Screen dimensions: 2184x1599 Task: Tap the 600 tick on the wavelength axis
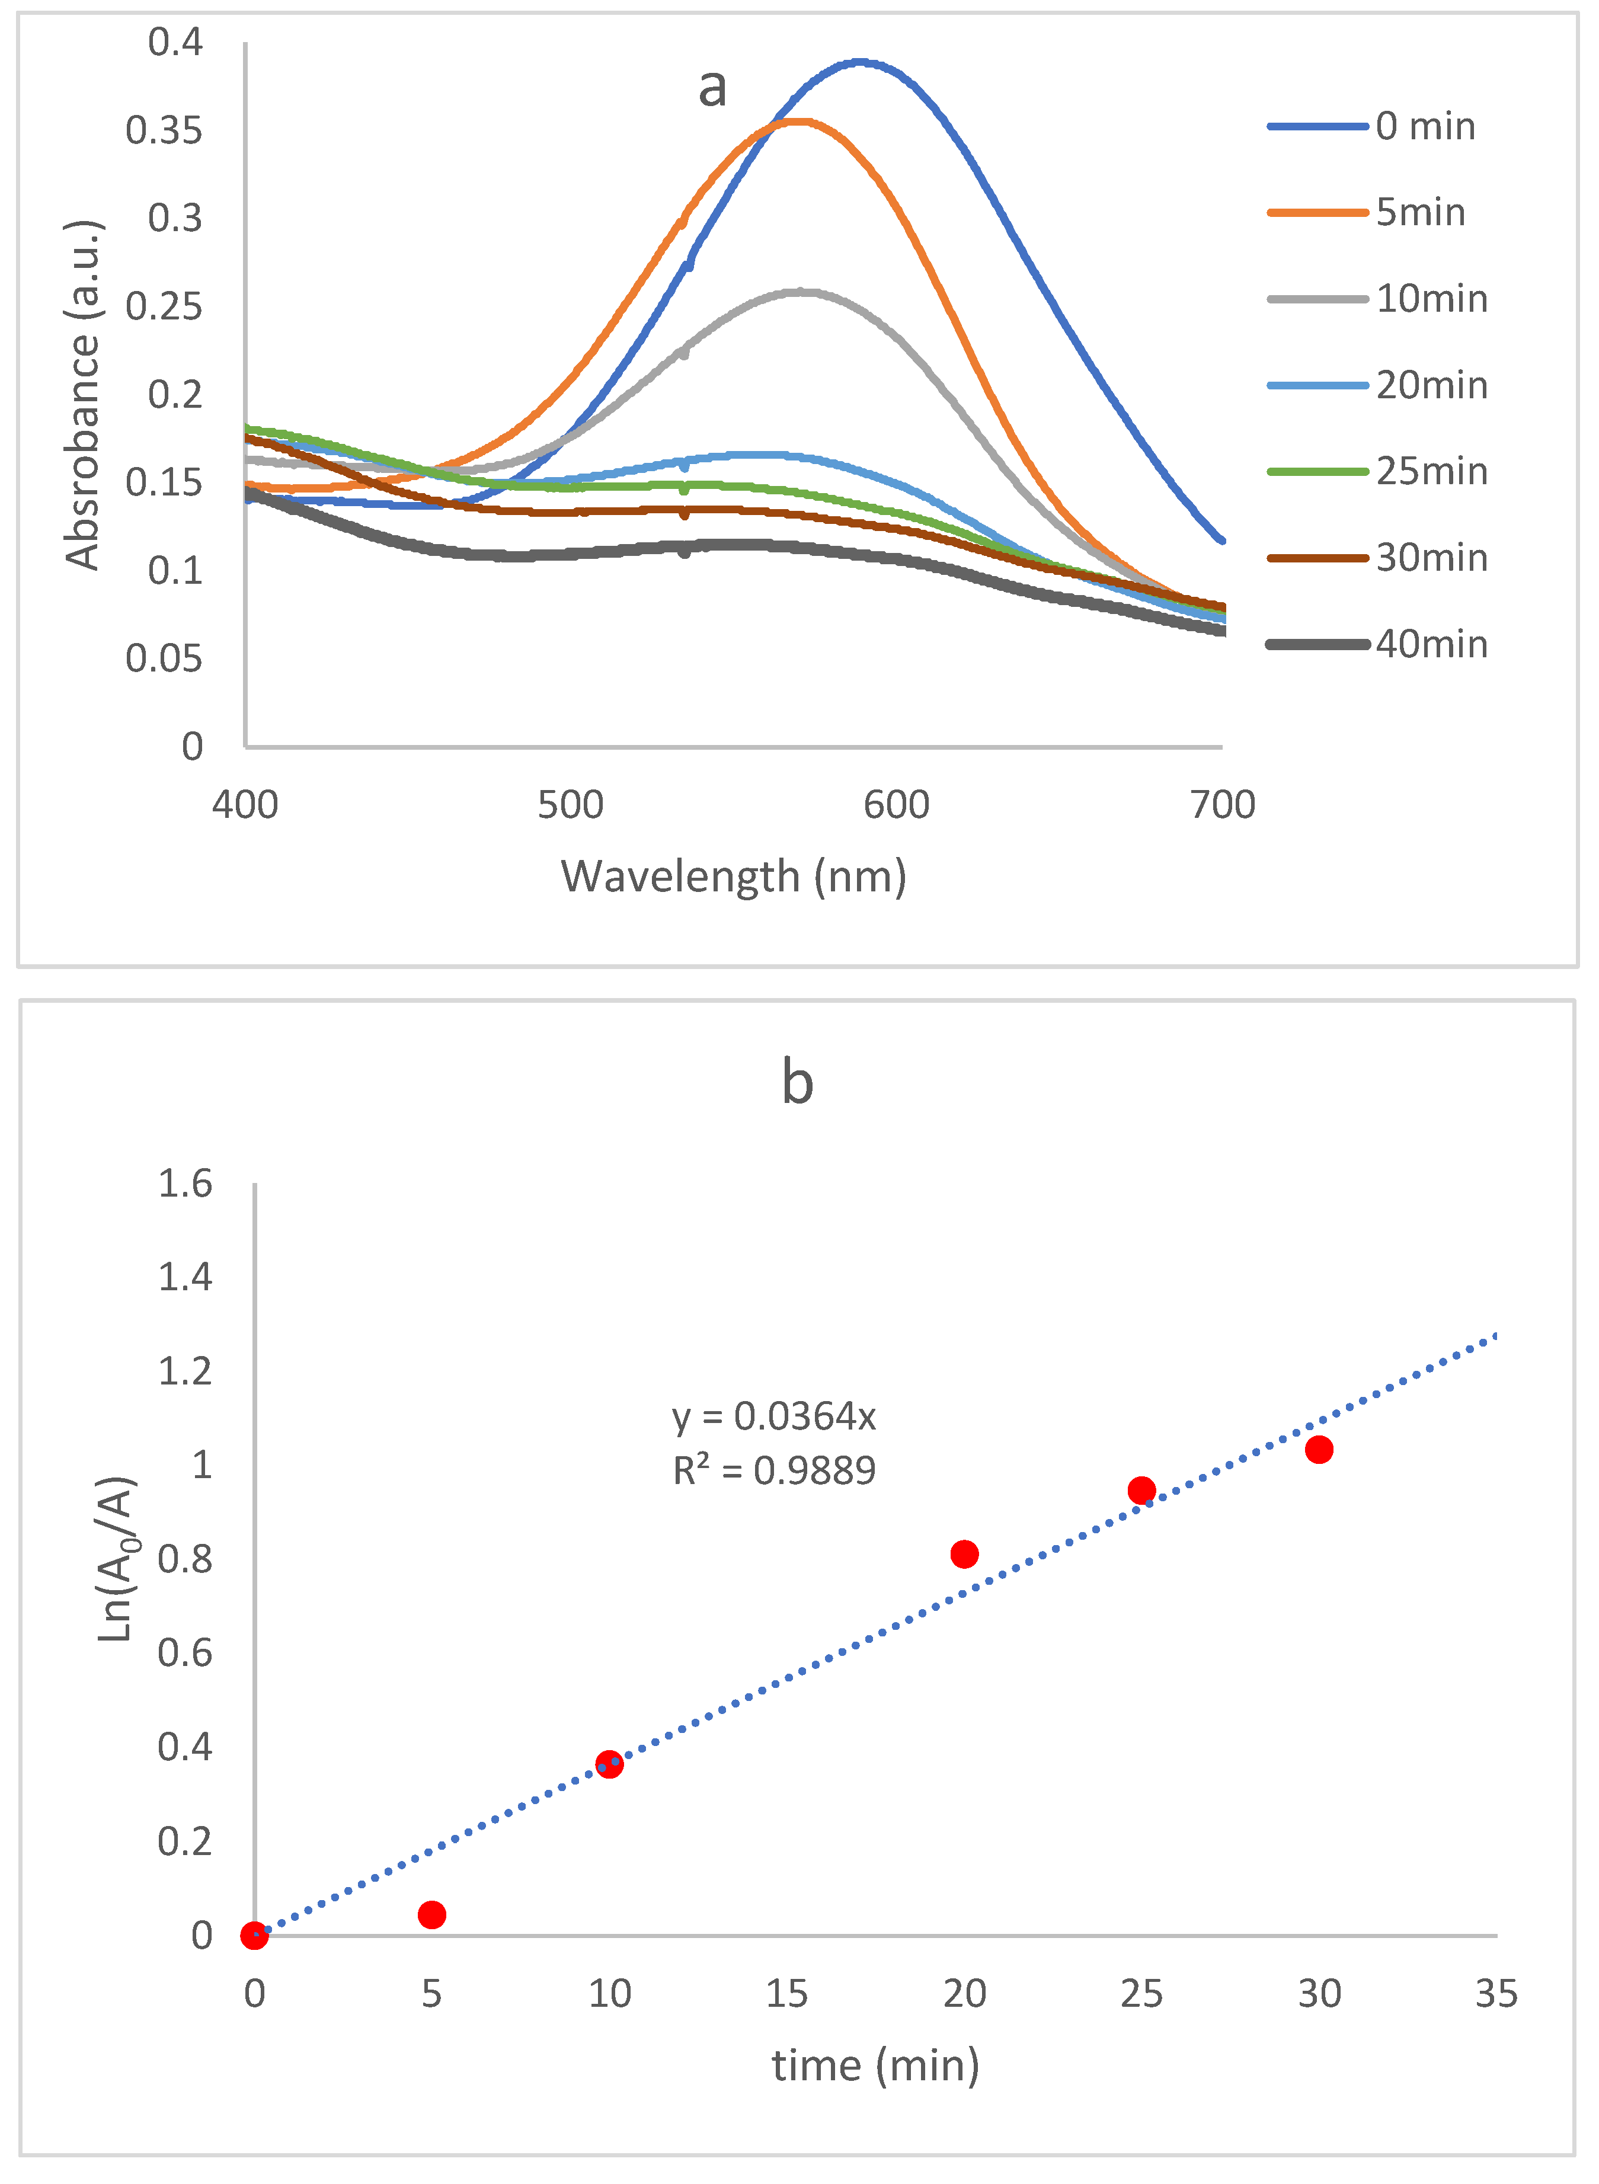pos(896,805)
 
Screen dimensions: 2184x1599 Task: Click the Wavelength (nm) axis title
pos(734,877)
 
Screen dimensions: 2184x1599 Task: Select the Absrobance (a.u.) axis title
pos(83,395)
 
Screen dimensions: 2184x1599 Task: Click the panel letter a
pos(712,88)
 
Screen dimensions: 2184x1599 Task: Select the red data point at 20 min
pos(964,1554)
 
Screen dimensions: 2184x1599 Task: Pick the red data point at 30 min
pos(1318,1450)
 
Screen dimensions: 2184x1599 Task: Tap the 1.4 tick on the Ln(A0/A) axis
pos(185,1277)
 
